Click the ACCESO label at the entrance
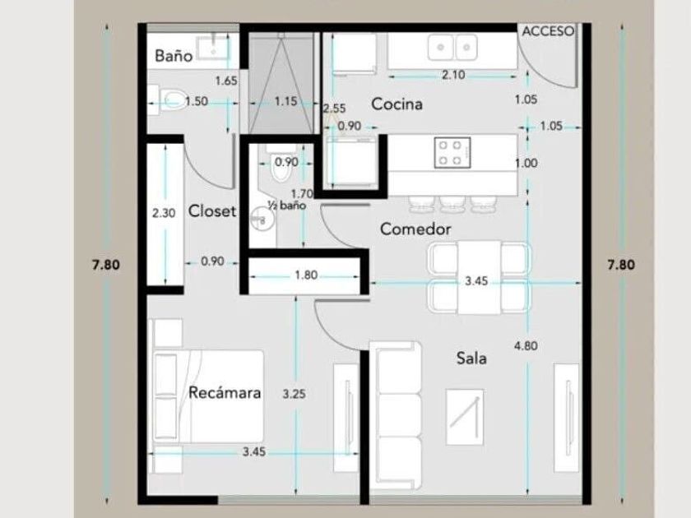548,31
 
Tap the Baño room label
174,56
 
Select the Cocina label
397,104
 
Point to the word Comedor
415,229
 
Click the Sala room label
471,358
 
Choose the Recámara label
225,392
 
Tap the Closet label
212,211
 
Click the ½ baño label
287,206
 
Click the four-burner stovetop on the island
452,152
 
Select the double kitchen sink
452,48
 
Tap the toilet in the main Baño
173,100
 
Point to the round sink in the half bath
260,219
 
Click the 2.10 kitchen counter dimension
453,75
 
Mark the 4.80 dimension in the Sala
526,346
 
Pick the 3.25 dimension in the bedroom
294,394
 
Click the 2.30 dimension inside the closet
164,213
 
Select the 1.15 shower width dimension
285,102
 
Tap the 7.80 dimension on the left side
106,265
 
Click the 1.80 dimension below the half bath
306,275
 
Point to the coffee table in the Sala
465,417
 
